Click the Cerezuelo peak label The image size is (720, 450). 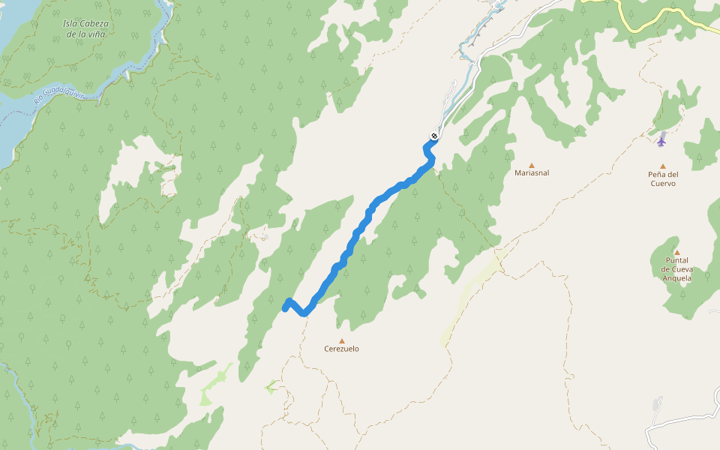[x=341, y=349]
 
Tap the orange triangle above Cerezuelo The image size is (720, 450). [x=342, y=340]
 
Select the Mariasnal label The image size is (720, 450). [x=532, y=173]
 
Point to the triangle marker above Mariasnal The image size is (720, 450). [x=532, y=165]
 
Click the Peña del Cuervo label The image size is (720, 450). [x=662, y=178]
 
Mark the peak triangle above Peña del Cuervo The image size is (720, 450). [x=662, y=166]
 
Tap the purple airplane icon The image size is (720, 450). [x=661, y=139]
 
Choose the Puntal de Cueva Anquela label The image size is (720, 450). [x=676, y=269]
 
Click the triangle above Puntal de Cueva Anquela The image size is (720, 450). [x=676, y=253]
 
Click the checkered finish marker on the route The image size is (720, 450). [x=433, y=136]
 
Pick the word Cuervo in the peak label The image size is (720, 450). [x=662, y=184]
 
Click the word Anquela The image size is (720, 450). [x=676, y=278]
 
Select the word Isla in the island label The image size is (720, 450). [x=72, y=23]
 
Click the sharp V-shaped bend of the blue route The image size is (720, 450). [x=304, y=313]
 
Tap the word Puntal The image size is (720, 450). [x=676, y=260]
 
